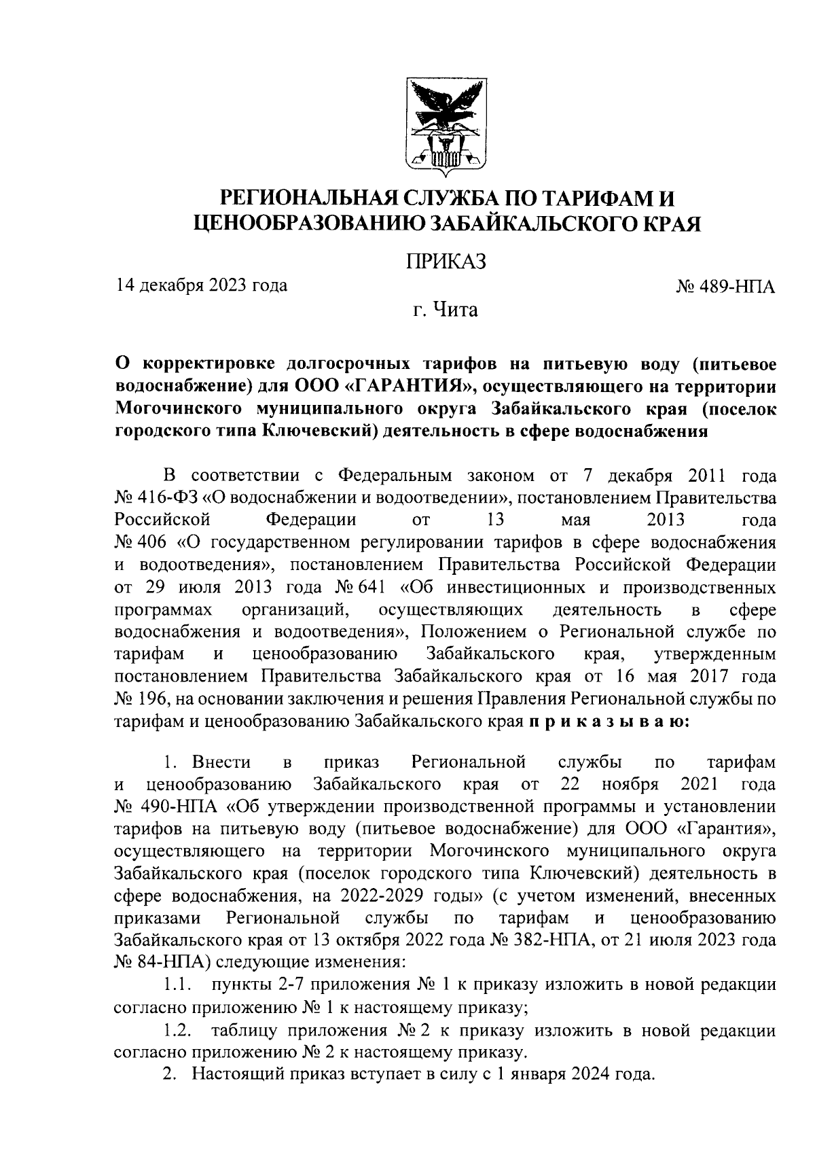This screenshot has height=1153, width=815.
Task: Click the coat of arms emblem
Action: [x=446, y=127]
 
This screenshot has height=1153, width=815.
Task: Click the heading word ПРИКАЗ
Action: [x=446, y=261]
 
